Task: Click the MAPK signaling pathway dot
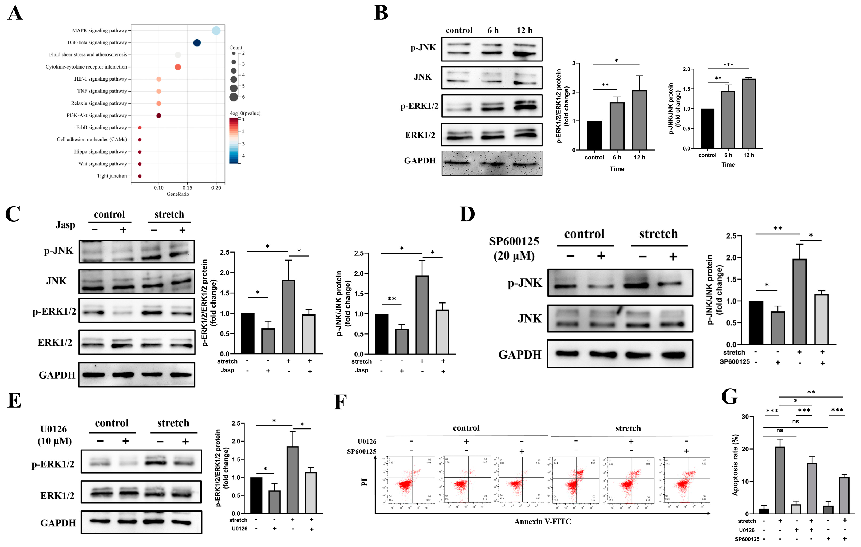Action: coord(216,31)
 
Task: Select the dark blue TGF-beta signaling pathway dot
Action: coord(197,43)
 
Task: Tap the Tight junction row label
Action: coord(112,176)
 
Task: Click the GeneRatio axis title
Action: coord(178,194)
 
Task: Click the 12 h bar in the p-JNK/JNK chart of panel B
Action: coord(748,113)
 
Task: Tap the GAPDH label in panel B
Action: coord(420,161)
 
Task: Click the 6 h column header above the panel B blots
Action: coord(493,30)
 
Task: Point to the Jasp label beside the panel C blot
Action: coord(65,225)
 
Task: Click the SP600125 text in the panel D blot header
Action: coord(514,242)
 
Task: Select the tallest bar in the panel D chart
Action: coord(800,302)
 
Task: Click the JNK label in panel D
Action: coord(530,319)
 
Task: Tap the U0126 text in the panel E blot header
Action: coord(53,429)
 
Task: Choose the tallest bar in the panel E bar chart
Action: coord(293,480)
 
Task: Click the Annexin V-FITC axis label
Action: coord(542,522)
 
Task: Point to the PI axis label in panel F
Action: coord(364,482)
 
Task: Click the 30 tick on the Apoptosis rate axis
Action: coord(745,417)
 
